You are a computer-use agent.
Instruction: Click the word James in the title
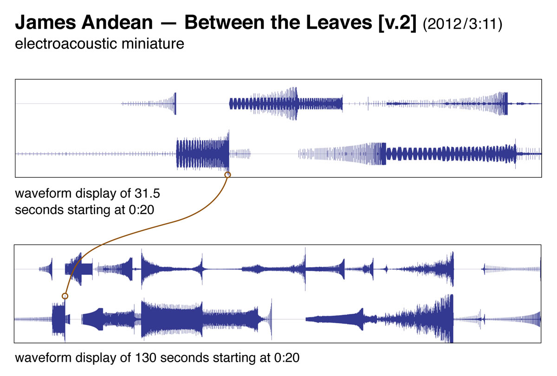click(x=45, y=23)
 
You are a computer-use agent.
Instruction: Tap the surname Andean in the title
click(x=117, y=23)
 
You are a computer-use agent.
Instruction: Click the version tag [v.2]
click(x=397, y=23)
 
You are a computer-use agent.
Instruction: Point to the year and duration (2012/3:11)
click(x=462, y=24)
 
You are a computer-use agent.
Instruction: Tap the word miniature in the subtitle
click(x=153, y=44)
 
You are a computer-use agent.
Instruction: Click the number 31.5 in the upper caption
click(x=147, y=193)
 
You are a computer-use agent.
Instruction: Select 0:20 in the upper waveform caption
click(x=141, y=210)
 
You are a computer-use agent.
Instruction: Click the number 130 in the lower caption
click(x=146, y=358)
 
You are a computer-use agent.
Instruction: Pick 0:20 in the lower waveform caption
click(x=287, y=358)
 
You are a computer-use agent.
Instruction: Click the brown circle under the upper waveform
click(x=227, y=175)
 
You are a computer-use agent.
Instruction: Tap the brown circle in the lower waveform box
click(x=65, y=296)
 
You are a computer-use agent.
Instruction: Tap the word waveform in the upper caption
click(x=43, y=193)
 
